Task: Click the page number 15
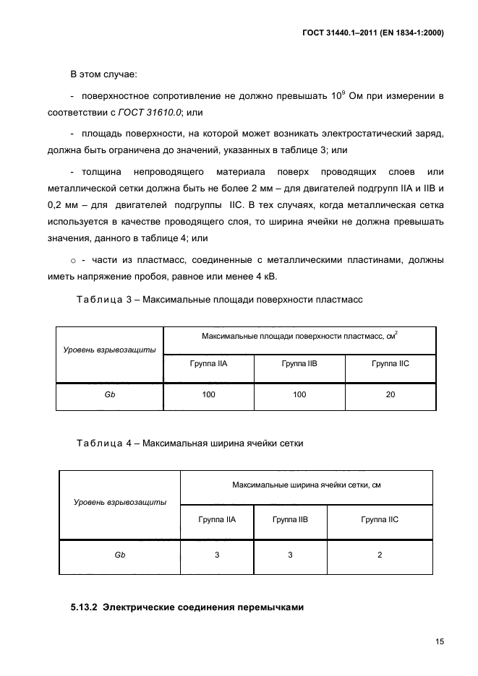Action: [438, 641]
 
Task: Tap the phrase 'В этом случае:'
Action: [98, 74]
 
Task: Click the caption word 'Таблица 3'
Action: [99, 299]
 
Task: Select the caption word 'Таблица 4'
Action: [99, 443]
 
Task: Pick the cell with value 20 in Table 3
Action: [390, 394]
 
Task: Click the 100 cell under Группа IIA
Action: [209, 394]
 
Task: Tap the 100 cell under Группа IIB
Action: [299, 394]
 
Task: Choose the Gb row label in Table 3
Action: [110, 394]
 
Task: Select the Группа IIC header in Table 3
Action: [390, 364]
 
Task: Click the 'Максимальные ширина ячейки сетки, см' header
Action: [307, 485]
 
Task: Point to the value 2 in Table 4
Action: [380, 555]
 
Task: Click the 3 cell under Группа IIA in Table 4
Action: [217, 555]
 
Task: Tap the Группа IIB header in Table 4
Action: [290, 519]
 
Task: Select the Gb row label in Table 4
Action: [120, 555]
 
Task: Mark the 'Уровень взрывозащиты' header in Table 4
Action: [120, 502]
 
